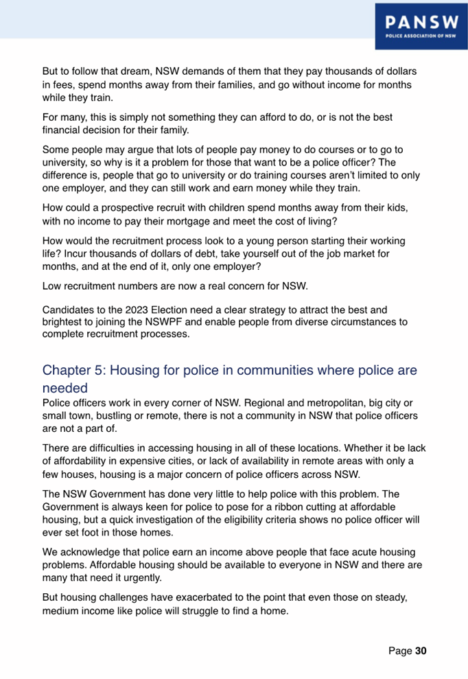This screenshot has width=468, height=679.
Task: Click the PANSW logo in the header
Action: [x=418, y=24]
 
